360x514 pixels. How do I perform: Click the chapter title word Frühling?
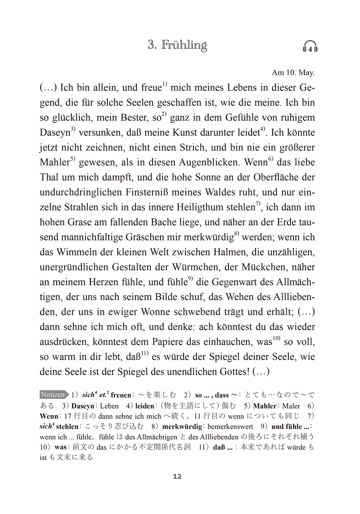coord(184,45)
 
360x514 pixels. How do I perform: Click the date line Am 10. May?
coord(293,73)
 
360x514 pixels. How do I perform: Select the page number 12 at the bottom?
coord(177,476)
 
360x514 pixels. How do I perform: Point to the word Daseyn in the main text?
coord(55,133)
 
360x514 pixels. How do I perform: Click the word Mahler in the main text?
coord(55,162)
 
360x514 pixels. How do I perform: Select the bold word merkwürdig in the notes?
coord(182,427)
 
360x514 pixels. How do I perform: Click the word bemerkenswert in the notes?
coord(230,427)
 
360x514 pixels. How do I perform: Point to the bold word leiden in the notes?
coord(145,406)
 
